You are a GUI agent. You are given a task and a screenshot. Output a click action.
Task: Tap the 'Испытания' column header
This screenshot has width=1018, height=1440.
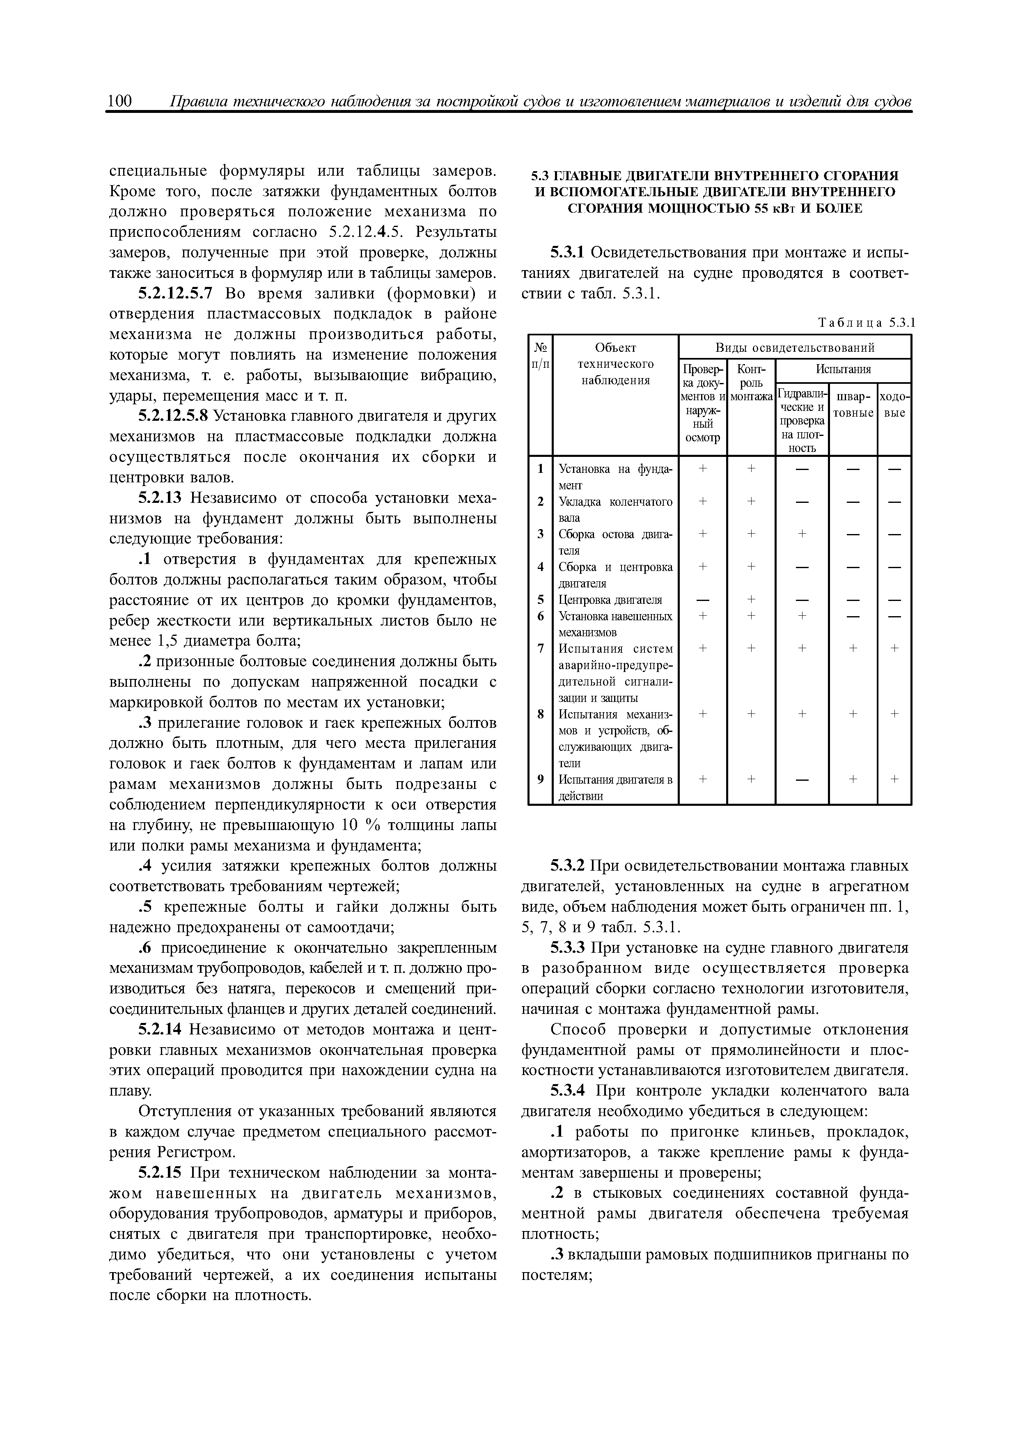[x=843, y=370]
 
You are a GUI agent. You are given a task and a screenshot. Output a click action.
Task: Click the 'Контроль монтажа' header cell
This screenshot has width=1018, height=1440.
[x=752, y=383]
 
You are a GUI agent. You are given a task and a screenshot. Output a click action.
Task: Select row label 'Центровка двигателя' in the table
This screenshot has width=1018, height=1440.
[x=610, y=600]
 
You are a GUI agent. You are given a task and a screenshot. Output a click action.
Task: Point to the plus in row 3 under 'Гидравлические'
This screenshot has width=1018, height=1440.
[x=802, y=534]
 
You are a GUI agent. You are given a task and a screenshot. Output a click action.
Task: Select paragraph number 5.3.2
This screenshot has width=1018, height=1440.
[x=568, y=866]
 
